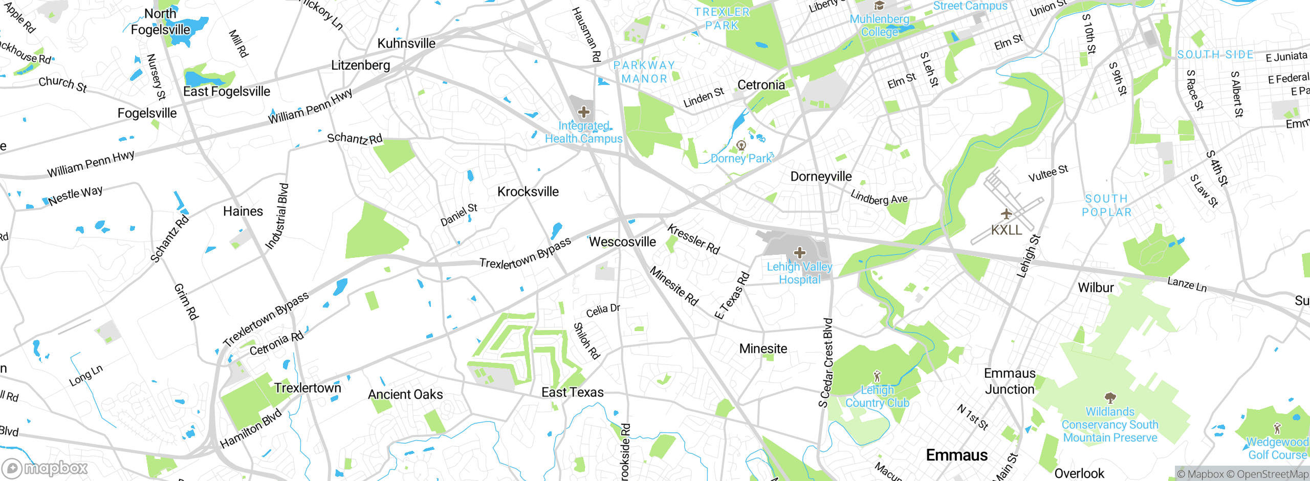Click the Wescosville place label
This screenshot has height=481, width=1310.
622,242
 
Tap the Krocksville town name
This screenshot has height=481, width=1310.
528,191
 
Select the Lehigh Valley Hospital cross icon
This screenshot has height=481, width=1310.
799,252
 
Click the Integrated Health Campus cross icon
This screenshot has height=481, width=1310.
583,112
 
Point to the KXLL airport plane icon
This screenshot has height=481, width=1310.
1006,213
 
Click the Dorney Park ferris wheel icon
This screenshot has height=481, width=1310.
740,145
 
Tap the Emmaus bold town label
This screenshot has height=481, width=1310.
956,455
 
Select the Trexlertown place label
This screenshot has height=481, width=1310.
307,387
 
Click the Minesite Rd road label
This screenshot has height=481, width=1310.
674,286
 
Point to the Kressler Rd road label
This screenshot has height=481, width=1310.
693,239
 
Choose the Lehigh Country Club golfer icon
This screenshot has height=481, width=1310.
877,377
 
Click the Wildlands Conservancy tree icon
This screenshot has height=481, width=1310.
1110,398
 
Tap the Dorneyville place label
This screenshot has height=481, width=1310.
821,177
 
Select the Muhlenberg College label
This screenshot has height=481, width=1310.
879,26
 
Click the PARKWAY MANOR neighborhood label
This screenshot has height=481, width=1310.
644,72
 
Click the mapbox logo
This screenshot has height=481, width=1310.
45,468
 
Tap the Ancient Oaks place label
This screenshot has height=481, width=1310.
405,394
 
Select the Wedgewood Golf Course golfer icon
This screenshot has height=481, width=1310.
1277,428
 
